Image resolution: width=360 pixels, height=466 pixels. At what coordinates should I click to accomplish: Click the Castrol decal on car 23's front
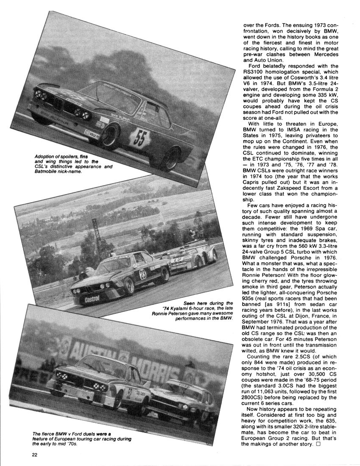pos(92,300)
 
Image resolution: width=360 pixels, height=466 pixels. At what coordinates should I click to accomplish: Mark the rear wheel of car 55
pos(173,159)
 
